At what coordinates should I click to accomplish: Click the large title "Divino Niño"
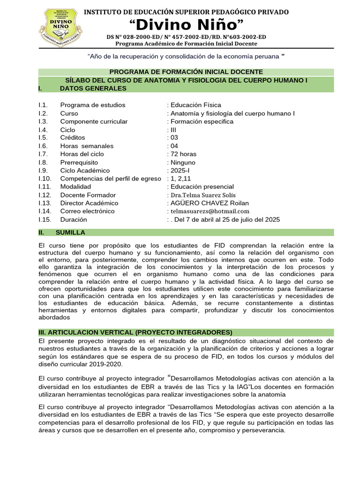[187, 24]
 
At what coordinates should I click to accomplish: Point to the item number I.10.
[45, 179]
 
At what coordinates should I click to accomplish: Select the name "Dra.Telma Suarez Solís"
[203, 195]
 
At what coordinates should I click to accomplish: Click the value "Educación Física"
[195, 105]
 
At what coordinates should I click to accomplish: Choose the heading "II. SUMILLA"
[62, 232]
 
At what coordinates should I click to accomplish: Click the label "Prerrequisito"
[79, 162]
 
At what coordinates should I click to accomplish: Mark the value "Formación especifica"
[202, 121]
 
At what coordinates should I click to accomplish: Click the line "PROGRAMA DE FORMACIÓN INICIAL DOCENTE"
[186, 72]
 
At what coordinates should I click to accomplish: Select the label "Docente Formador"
[88, 195]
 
